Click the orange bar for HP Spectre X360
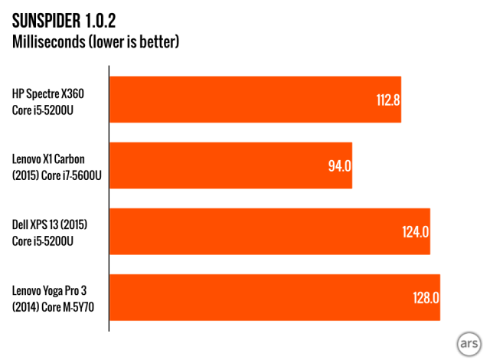[x=255, y=100]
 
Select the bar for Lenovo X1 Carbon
[x=230, y=165]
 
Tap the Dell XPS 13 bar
[x=269, y=231]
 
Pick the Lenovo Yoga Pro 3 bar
[x=274, y=296]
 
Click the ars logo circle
[x=468, y=339]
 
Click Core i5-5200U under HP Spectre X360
[x=47, y=107]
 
